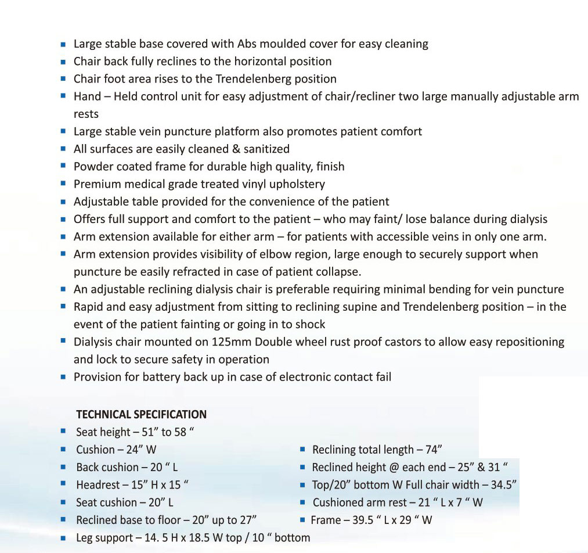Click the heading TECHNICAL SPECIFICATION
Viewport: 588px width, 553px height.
141,415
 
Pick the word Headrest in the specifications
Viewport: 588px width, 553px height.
98,485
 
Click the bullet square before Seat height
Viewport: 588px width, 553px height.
63,432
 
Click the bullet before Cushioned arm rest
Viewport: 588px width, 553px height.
302,502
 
